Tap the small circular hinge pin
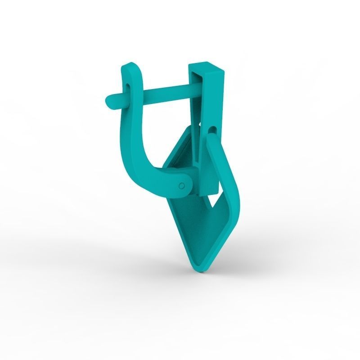coord(181,185)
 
